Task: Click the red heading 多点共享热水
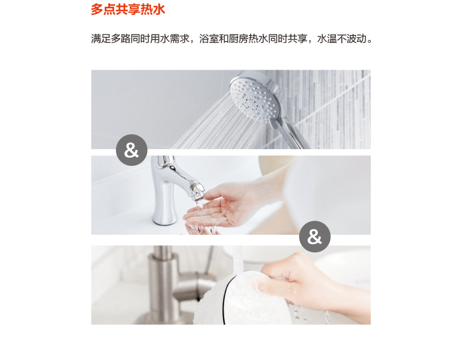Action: tap(128, 9)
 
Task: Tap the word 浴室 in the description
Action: tap(209, 39)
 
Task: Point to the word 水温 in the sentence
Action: tap(326, 39)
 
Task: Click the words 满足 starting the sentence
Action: tap(101, 39)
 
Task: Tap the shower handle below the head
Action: tap(293, 134)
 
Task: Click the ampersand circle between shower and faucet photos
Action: tap(132, 150)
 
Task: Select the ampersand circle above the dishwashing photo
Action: tap(315, 237)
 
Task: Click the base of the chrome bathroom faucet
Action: tap(164, 218)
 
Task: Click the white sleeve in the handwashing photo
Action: tap(327, 195)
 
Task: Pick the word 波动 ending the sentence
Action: tap(356, 39)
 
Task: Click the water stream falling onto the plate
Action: tap(238, 260)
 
